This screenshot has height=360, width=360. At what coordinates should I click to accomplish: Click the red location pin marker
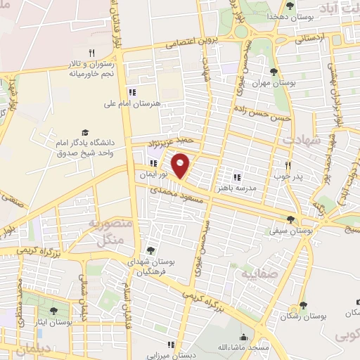point(181,165)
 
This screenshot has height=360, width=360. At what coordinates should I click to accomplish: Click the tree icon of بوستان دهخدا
point(290,6)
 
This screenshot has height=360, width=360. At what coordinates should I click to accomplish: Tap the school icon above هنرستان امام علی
point(132,92)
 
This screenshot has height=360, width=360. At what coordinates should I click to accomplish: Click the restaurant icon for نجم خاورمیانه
point(91,53)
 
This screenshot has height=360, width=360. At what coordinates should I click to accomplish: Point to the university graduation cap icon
point(85,132)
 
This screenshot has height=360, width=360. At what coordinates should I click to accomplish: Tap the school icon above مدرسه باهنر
point(237,177)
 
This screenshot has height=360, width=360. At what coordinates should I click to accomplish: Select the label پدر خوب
point(286,175)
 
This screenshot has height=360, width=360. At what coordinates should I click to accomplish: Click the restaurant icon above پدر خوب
point(288,164)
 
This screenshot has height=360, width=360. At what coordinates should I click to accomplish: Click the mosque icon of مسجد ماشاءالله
point(244,336)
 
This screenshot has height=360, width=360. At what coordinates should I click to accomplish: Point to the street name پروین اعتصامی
point(193,41)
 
